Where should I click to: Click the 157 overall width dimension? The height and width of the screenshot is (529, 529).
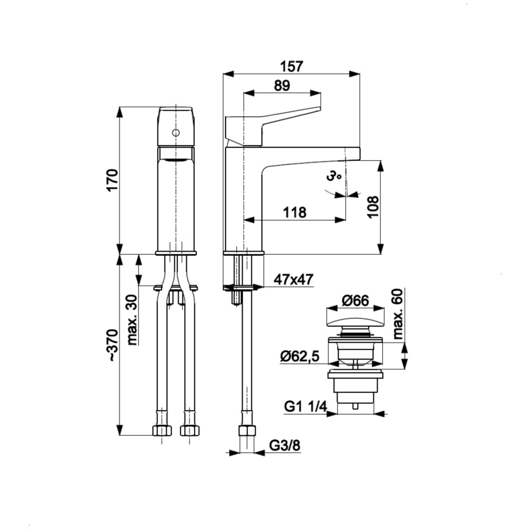[x=291, y=65]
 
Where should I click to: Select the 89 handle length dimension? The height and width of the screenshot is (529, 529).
[x=282, y=86]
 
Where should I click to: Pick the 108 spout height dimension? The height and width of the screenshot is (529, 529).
[x=373, y=208]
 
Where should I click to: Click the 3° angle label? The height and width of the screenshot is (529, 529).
[x=333, y=177]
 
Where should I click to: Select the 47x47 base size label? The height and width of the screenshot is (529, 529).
[x=293, y=280]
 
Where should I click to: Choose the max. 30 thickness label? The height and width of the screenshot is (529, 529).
[x=133, y=319]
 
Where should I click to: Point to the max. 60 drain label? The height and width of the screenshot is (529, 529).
[x=399, y=314]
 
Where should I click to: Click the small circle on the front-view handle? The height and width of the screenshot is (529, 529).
[x=176, y=132]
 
